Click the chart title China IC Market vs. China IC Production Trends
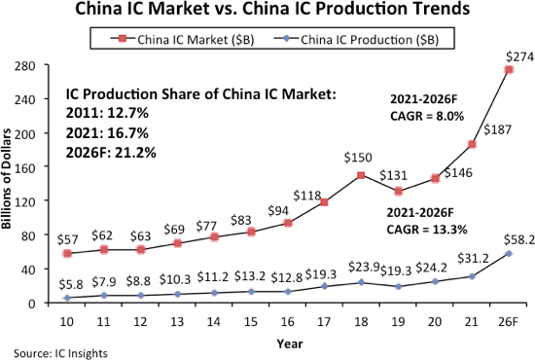267,12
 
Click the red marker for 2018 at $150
361,175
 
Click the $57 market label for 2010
67,237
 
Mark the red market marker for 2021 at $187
470,144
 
